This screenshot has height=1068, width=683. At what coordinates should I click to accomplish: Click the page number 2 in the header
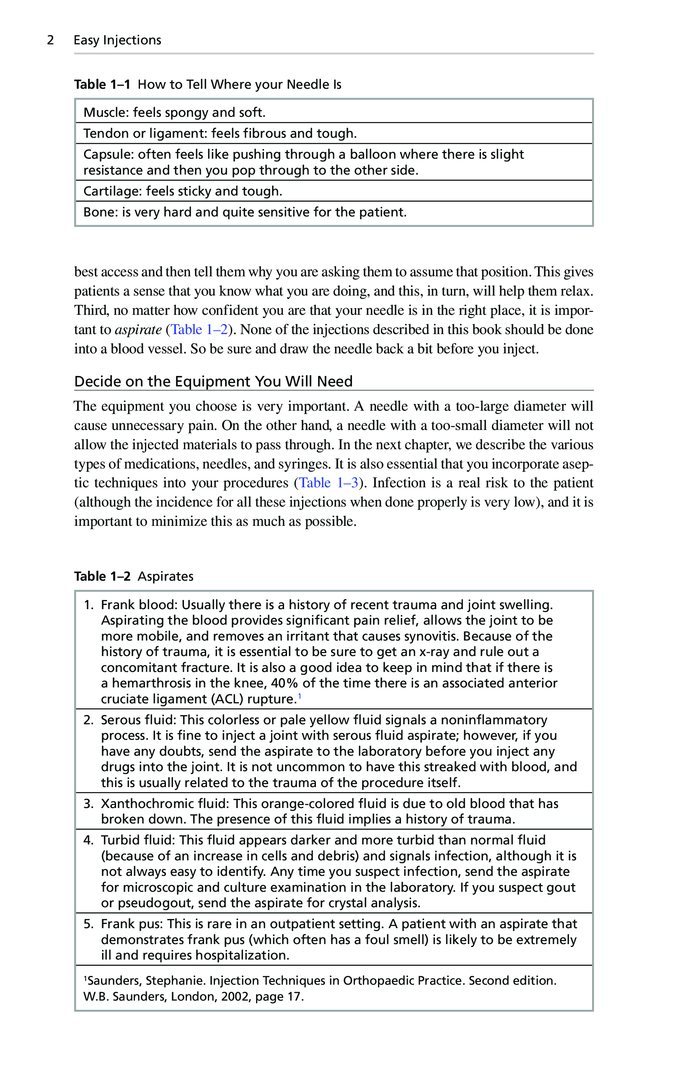pos(51,40)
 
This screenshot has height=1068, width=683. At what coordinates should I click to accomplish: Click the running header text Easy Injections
pos(117,40)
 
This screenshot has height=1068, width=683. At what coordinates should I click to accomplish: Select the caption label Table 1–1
pos(102,84)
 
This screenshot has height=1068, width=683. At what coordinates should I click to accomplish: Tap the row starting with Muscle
pos(174,113)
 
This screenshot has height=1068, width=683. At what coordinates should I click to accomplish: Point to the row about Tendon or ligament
pos(220,134)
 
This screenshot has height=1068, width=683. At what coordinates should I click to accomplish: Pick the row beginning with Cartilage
pos(182,191)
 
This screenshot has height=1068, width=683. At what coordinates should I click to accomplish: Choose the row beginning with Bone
pos(245,212)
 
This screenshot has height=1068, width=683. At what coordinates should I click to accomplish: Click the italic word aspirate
pos(138,329)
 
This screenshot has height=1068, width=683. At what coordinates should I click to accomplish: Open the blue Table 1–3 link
pos(328,483)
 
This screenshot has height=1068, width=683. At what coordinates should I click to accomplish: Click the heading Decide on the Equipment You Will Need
pos(213,381)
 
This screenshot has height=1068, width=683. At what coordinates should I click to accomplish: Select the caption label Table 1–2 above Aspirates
pos(102,576)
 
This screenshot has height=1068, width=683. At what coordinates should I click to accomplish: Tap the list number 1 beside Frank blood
pos(88,605)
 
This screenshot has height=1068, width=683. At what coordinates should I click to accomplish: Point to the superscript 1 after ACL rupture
pos(300,696)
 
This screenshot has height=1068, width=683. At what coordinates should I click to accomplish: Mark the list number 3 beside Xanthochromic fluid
pos(88,804)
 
